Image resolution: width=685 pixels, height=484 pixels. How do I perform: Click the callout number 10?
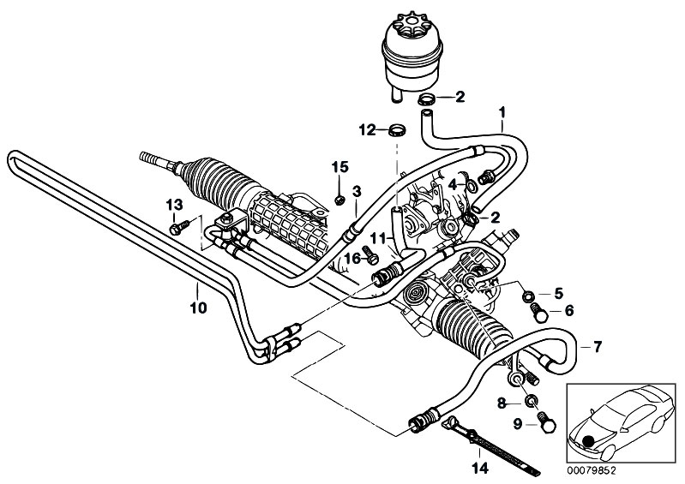(198, 308)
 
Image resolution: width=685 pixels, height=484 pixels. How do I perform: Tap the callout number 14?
(480, 469)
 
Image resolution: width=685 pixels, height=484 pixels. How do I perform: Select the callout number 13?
(174, 204)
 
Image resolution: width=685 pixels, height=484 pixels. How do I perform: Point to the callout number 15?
(340, 167)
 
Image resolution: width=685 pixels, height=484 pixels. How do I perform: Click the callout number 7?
(597, 347)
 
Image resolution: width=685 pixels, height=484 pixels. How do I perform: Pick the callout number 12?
(368, 129)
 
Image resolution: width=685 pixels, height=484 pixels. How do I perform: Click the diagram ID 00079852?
(591, 471)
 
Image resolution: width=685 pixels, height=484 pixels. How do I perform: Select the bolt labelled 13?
(179, 227)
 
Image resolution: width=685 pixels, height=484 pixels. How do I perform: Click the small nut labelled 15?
(339, 200)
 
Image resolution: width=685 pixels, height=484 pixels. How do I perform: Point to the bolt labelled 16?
(370, 254)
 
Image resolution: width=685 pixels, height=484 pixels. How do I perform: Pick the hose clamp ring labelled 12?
(397, 130)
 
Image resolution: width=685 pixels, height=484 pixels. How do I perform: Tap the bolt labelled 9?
(546, 422)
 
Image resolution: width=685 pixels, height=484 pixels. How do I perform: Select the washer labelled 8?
(531, 401)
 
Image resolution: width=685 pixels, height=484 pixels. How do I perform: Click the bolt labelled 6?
(538, 312)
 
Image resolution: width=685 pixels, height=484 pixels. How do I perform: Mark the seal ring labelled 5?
(528, 296)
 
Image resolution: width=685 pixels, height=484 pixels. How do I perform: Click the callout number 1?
(502, 112)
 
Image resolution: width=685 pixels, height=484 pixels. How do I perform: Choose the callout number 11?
(378, 238)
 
